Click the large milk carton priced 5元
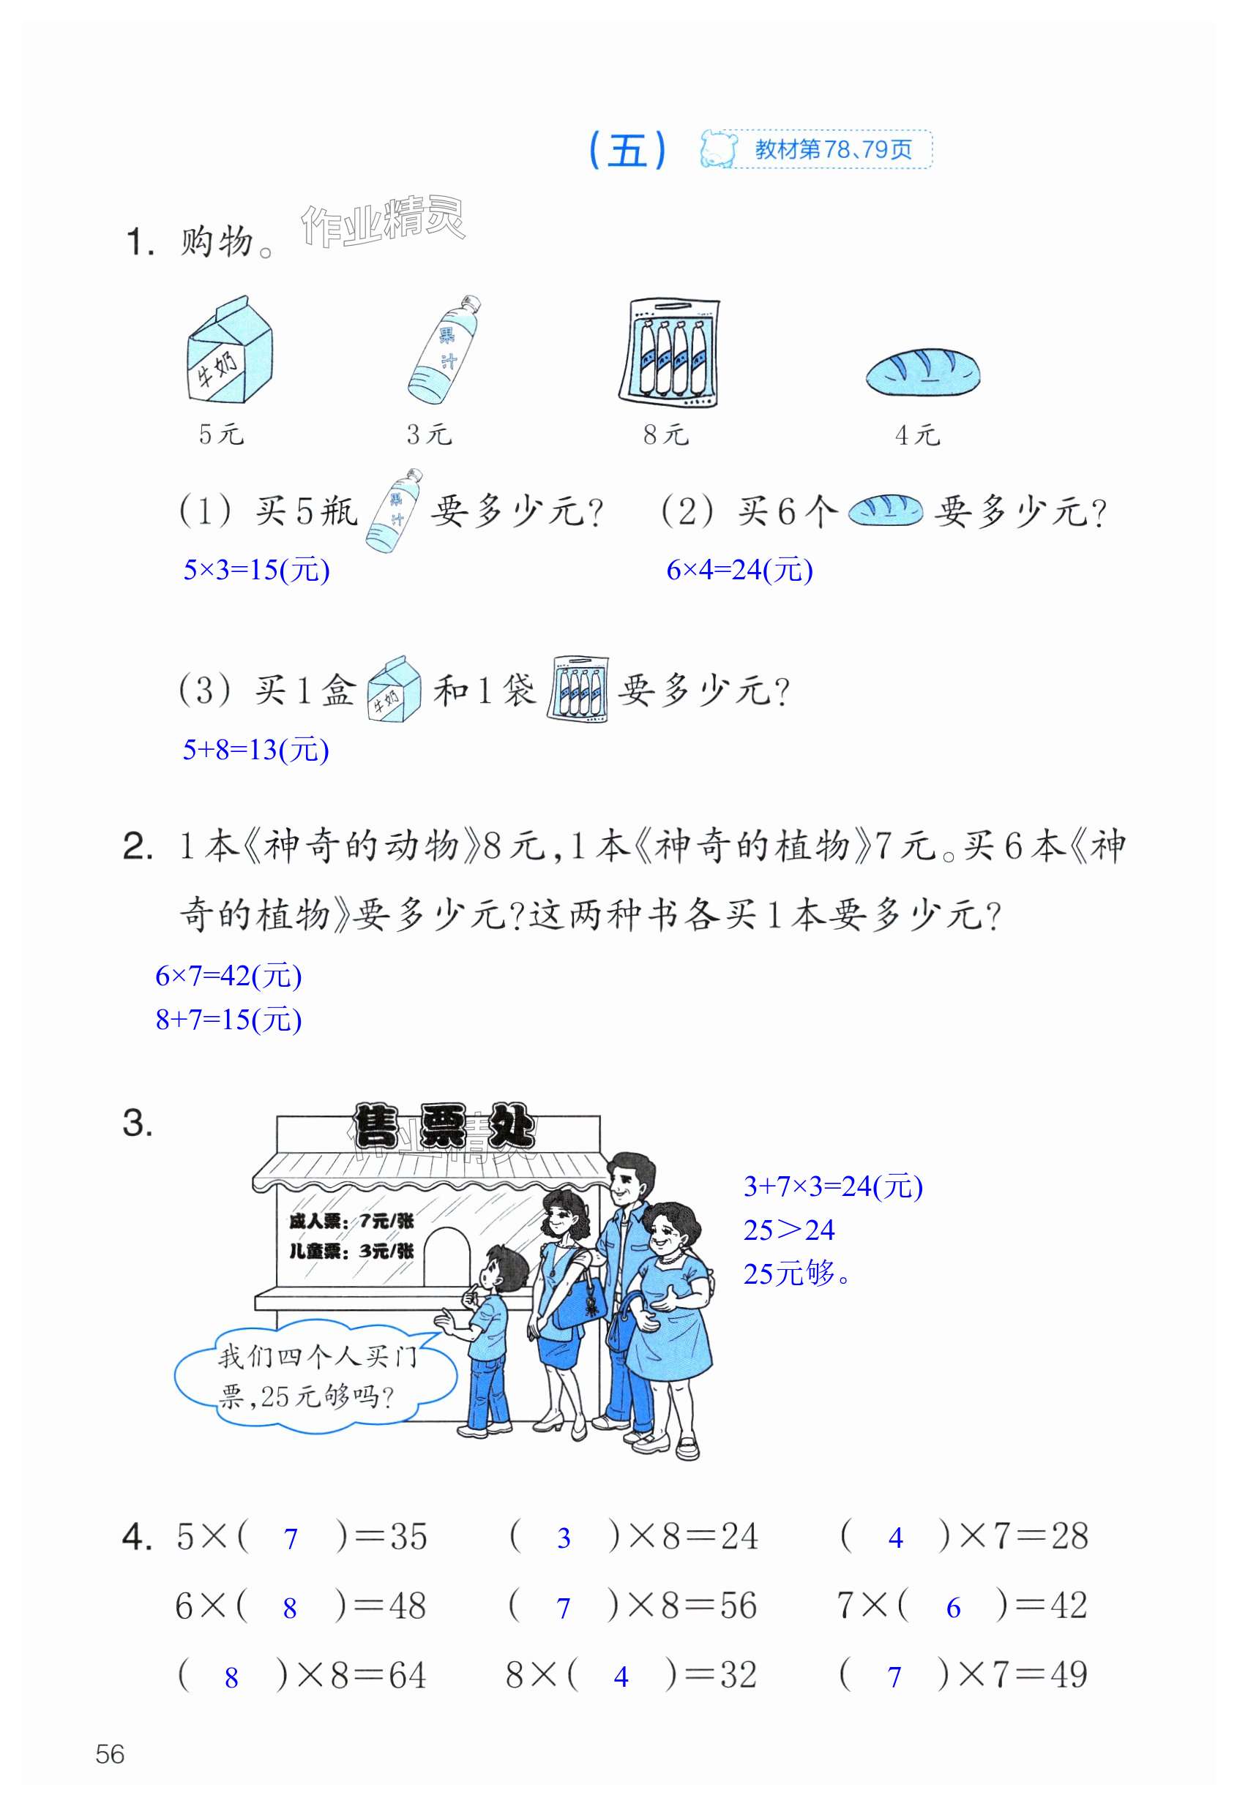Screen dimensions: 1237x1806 [229, 350]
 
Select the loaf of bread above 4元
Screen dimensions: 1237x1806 [923, 372]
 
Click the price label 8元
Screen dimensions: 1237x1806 [665, 434]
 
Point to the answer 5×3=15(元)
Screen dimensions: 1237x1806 [257, 571]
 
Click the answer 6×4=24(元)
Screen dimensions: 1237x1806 [739, 571]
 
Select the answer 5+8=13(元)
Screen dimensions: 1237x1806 [255, 750]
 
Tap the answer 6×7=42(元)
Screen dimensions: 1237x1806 [228, 976]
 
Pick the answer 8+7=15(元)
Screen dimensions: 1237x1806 [228, 1020]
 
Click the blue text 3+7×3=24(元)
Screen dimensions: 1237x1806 [833, 1186]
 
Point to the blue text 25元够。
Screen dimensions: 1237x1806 [796, 1273]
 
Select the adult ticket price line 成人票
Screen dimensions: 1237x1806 [351, 1221]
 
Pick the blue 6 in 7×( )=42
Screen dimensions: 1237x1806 [953, 1608]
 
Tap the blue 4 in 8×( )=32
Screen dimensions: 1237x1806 [621, 1677]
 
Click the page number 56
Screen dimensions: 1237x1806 [110, 1754]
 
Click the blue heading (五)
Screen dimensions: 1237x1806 [627, 149]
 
